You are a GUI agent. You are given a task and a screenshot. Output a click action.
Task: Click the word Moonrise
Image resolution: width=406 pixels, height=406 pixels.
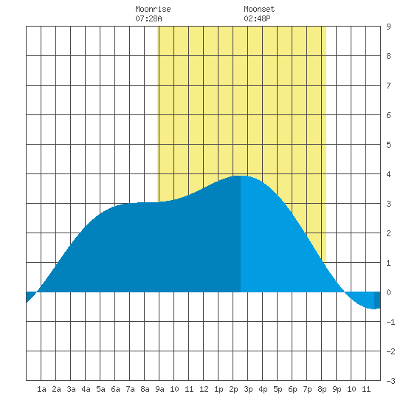(153, 9)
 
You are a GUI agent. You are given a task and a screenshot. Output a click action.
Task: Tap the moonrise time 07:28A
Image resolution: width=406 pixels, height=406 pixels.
(148, 18)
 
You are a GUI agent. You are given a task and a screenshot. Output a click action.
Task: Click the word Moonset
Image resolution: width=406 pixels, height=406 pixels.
(259, 9)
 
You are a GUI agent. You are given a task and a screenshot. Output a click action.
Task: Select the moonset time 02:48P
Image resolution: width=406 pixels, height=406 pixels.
(257, 18)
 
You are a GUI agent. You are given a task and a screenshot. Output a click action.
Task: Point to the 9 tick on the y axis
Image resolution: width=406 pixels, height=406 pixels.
(388, 27)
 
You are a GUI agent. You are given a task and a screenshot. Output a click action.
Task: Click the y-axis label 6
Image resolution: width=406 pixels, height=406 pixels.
(388, 115)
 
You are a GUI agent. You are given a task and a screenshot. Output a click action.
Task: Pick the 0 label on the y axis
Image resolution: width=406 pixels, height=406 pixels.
(388, 292)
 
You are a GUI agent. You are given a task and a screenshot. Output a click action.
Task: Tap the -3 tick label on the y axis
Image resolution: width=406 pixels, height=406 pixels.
(390, 381)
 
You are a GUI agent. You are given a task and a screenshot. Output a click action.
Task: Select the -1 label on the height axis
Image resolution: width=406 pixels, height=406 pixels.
(390, 322)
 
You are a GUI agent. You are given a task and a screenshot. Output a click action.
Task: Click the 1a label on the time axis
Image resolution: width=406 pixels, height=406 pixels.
(41, 389)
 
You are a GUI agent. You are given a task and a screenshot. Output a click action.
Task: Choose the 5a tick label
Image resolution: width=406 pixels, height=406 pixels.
(100, 389)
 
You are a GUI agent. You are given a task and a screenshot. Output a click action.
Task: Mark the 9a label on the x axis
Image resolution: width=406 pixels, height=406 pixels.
(159, 389)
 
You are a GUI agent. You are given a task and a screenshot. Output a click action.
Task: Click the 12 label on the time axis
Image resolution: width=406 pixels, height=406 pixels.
(204, 389)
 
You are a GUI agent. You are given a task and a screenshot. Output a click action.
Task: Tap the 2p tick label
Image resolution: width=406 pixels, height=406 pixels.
(233, 389)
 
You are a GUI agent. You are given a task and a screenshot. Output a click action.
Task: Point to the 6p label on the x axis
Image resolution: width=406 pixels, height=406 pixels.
(292, 389)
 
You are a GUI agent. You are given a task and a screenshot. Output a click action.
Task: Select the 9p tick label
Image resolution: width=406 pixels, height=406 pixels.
(337, 389)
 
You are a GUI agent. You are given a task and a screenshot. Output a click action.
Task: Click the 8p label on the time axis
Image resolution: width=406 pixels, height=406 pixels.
(322, 389)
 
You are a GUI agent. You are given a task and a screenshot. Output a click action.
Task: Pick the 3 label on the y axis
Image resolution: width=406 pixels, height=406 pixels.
(388, 204)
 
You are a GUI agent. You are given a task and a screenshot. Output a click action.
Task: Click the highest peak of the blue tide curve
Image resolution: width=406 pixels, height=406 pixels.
(241, 176)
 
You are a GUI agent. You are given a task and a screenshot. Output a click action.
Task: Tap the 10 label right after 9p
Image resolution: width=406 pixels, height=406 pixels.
(351, 389)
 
